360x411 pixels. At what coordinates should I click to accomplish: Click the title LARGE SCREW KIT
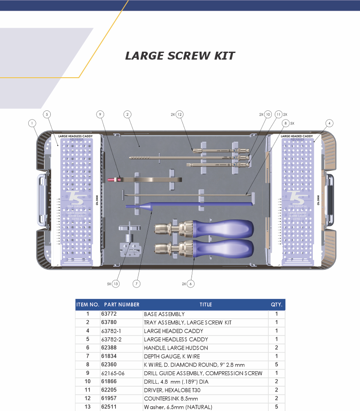(180, 56)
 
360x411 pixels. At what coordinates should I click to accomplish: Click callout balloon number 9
(100, 114)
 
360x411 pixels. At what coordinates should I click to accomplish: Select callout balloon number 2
(127, 114)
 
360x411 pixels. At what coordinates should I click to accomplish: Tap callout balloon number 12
(179, 114)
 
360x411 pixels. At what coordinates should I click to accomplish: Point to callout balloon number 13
(116, 284)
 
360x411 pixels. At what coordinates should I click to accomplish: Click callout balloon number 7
(136, 284)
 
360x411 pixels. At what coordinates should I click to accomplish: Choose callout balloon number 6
(191, 284)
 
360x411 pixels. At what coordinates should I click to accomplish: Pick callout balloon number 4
(330, 123)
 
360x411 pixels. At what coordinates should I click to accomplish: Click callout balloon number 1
(32, 123)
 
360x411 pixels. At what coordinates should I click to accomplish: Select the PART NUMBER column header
(121, 305)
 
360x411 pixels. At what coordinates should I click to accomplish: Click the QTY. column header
(277, 305)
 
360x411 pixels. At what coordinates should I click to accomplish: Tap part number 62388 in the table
(109, 348)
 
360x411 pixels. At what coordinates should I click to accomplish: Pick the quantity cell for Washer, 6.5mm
(277, 407)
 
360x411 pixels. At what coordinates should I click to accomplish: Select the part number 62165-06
(112, 373)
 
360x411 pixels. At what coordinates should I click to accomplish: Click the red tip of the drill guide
(111, 179)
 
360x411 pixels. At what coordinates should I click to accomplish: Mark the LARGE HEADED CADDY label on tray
(298, 136)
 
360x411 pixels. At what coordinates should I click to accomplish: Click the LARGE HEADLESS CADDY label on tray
(75, 136)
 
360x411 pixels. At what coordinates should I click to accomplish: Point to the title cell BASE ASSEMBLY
(164, 314)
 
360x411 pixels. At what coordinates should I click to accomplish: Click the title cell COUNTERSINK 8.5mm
(171, 398)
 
